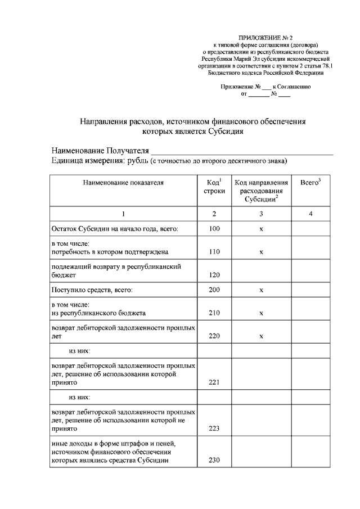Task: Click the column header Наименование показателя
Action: tap(123, 183)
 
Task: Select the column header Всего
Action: tap(310, 183)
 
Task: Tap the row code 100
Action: tap(214, 229)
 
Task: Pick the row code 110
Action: tap(214, 253)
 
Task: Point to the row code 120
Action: tap(214, 276)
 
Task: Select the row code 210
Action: tap(214, 313)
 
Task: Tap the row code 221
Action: tap(214, 382)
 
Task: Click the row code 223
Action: tap(214, 429)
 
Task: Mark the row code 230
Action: tap(214, 461)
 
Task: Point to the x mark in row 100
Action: tap(262, 230)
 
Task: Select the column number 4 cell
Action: tap(310, 214)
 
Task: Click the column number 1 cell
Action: tap(123, 214)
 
